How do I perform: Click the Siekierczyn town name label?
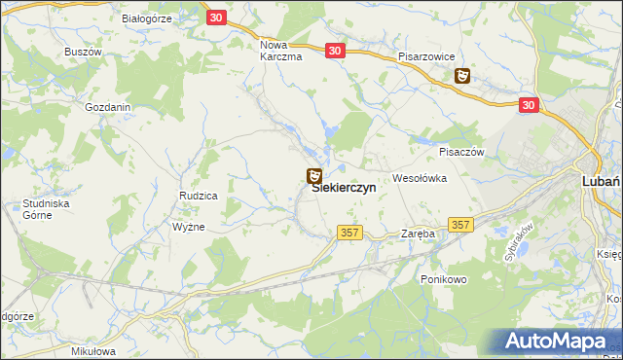click(350, 192)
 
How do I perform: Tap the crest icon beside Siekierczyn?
click(313, 177)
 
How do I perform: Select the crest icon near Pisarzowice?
click(463, 75)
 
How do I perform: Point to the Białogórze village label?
click(147, 18)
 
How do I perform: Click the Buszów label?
click(83, 52)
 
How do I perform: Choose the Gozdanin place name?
click(108, 107)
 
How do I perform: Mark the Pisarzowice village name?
click(426, 57)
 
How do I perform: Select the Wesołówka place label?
click(419, 179)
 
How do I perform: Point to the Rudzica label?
click(198, 196)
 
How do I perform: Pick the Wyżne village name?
click(188, 226)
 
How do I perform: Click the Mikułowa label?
click(93, 351)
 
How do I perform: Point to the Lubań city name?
click(601, 182)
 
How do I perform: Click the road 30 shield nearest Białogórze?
click(217, 18)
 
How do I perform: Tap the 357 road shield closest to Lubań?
click(461, 225)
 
